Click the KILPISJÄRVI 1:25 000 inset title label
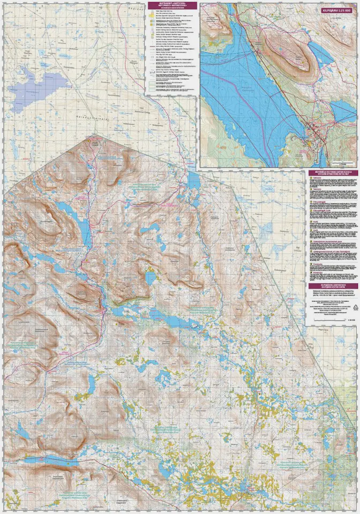coord(336,10)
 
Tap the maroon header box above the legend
coord(171,6)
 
